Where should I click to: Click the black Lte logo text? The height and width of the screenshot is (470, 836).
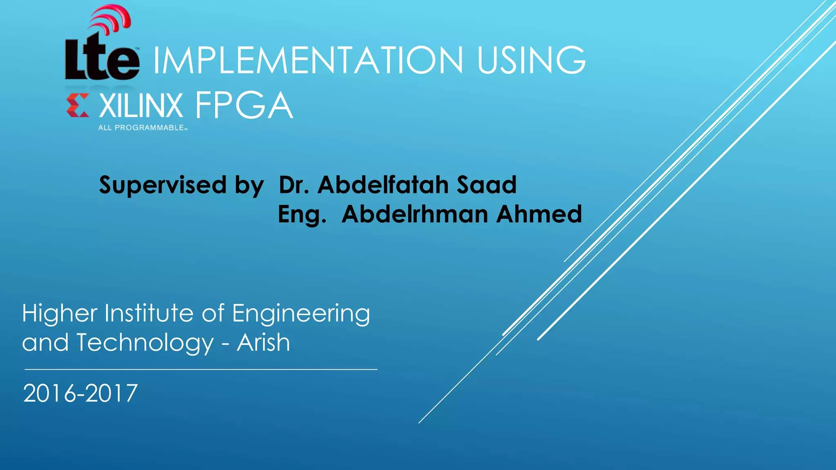tap(102, 59)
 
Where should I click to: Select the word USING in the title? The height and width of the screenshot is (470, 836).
tap(531, 60)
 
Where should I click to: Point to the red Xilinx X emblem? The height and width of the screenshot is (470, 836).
tap(78, 105)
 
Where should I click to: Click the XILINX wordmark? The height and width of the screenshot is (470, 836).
tap(141, 106)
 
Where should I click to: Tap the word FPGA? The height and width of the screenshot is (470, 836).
tap(244, 106)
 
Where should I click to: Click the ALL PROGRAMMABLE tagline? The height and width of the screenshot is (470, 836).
tap(142, 128)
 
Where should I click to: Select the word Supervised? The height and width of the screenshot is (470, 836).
tap(162, 185)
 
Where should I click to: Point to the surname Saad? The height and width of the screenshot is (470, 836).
tap(486, 185)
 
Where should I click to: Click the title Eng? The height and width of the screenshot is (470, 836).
tap(302, 215)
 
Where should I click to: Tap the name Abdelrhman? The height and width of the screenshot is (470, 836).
tap(415, 214)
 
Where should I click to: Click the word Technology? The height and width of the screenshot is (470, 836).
tap(145, 343)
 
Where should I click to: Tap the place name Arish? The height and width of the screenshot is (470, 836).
tap(263, 342)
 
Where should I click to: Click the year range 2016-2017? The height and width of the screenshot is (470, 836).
tap(80, 393)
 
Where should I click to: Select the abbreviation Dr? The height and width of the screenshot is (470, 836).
tap(293, 185)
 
